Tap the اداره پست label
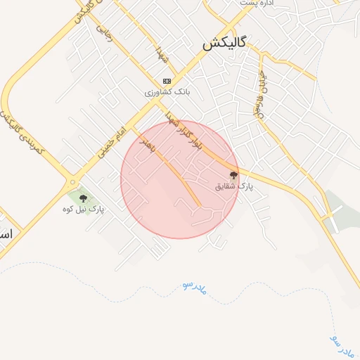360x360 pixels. (256, 4)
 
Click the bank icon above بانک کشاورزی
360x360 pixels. (167, 81)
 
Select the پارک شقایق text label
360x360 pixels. (233, 186)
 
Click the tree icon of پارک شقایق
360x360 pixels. (233, 175)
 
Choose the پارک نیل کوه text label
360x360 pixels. (83, 210)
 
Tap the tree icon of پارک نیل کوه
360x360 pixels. (83, 198)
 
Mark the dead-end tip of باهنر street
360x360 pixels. (200, 206)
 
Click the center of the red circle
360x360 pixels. (179, 179)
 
